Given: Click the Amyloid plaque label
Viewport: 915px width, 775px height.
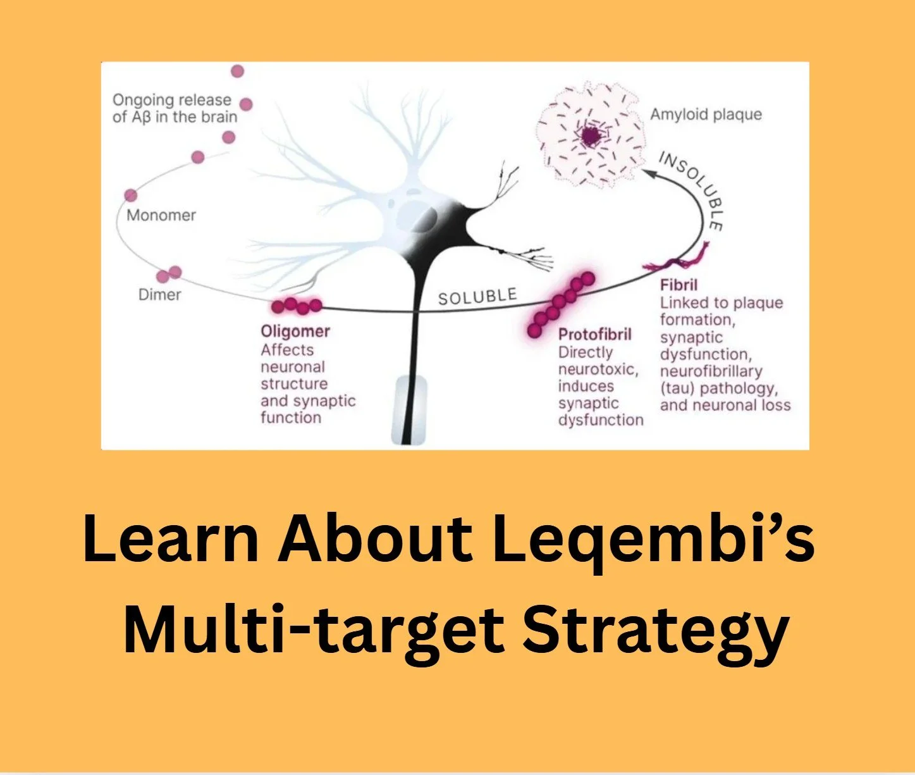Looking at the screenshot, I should pyautogui.click(x=706, y=115).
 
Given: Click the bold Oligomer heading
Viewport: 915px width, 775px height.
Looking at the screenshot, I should pyautogui.click(x=295, y=331).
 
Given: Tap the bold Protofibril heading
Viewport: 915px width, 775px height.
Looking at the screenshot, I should pyautogui.click(x=594, y=334).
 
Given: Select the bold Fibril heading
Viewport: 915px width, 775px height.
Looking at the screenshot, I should pyautogui.click(x=679, y=285).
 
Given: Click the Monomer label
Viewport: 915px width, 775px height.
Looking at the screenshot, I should pyautogui.click(x=161, y=215).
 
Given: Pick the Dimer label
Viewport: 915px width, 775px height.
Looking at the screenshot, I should pyautogui.click(x=159, y=295).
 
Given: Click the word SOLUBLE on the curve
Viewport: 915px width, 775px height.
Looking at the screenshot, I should pyautogui.click(x=477, y=296).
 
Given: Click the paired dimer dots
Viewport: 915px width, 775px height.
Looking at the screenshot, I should pyautogui.click(x=169, y=274).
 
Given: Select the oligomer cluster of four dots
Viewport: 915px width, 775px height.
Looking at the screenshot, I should pyautogui.click(x=296, y=306).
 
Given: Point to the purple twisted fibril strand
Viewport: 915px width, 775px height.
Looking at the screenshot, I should pyautogui.click(x=677, y=260).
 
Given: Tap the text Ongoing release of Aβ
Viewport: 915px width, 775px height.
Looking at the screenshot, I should pyautogui.click(x=174, y=108).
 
